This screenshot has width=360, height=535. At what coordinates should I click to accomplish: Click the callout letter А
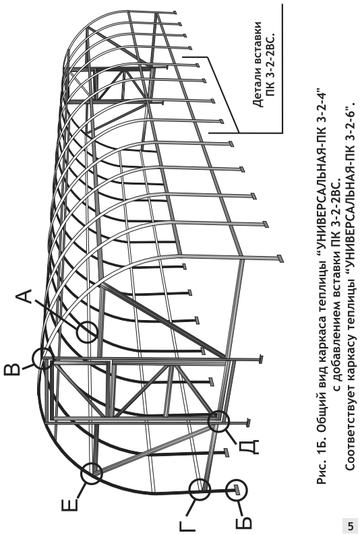click(x=25, y=296)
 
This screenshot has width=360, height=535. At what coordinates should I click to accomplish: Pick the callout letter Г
click(x=187, y=525)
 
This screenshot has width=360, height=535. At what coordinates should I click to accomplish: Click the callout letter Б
click(x=243, y=522)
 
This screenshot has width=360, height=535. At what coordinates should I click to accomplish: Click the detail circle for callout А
click(x=87, y=332)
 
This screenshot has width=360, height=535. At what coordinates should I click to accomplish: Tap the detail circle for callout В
click(x=43, y=358)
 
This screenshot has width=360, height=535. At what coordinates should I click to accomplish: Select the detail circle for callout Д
click(x=218, y=422)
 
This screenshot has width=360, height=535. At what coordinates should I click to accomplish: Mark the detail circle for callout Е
click(x=92, y=474)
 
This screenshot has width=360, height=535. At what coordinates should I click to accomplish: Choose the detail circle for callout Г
click(x=200, y=490)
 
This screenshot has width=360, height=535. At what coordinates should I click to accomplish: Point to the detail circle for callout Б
click(x=237, y=490)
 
